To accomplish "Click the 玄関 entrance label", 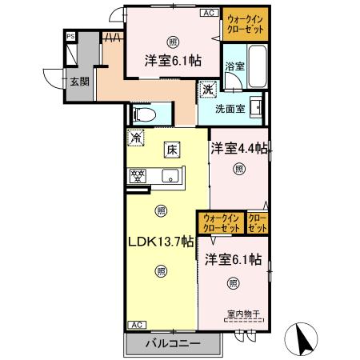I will click(78, 82).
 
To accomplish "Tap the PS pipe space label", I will click(70, 37).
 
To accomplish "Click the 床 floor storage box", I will click(171, 149).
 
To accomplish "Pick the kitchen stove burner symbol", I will click(137, 174).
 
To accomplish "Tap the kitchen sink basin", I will click(171, 175).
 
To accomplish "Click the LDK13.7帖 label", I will click(159, 240).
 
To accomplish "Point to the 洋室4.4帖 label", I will click(239, 148).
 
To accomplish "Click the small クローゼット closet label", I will click(258, 222).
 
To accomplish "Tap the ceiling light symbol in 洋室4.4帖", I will click(238, 169).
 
